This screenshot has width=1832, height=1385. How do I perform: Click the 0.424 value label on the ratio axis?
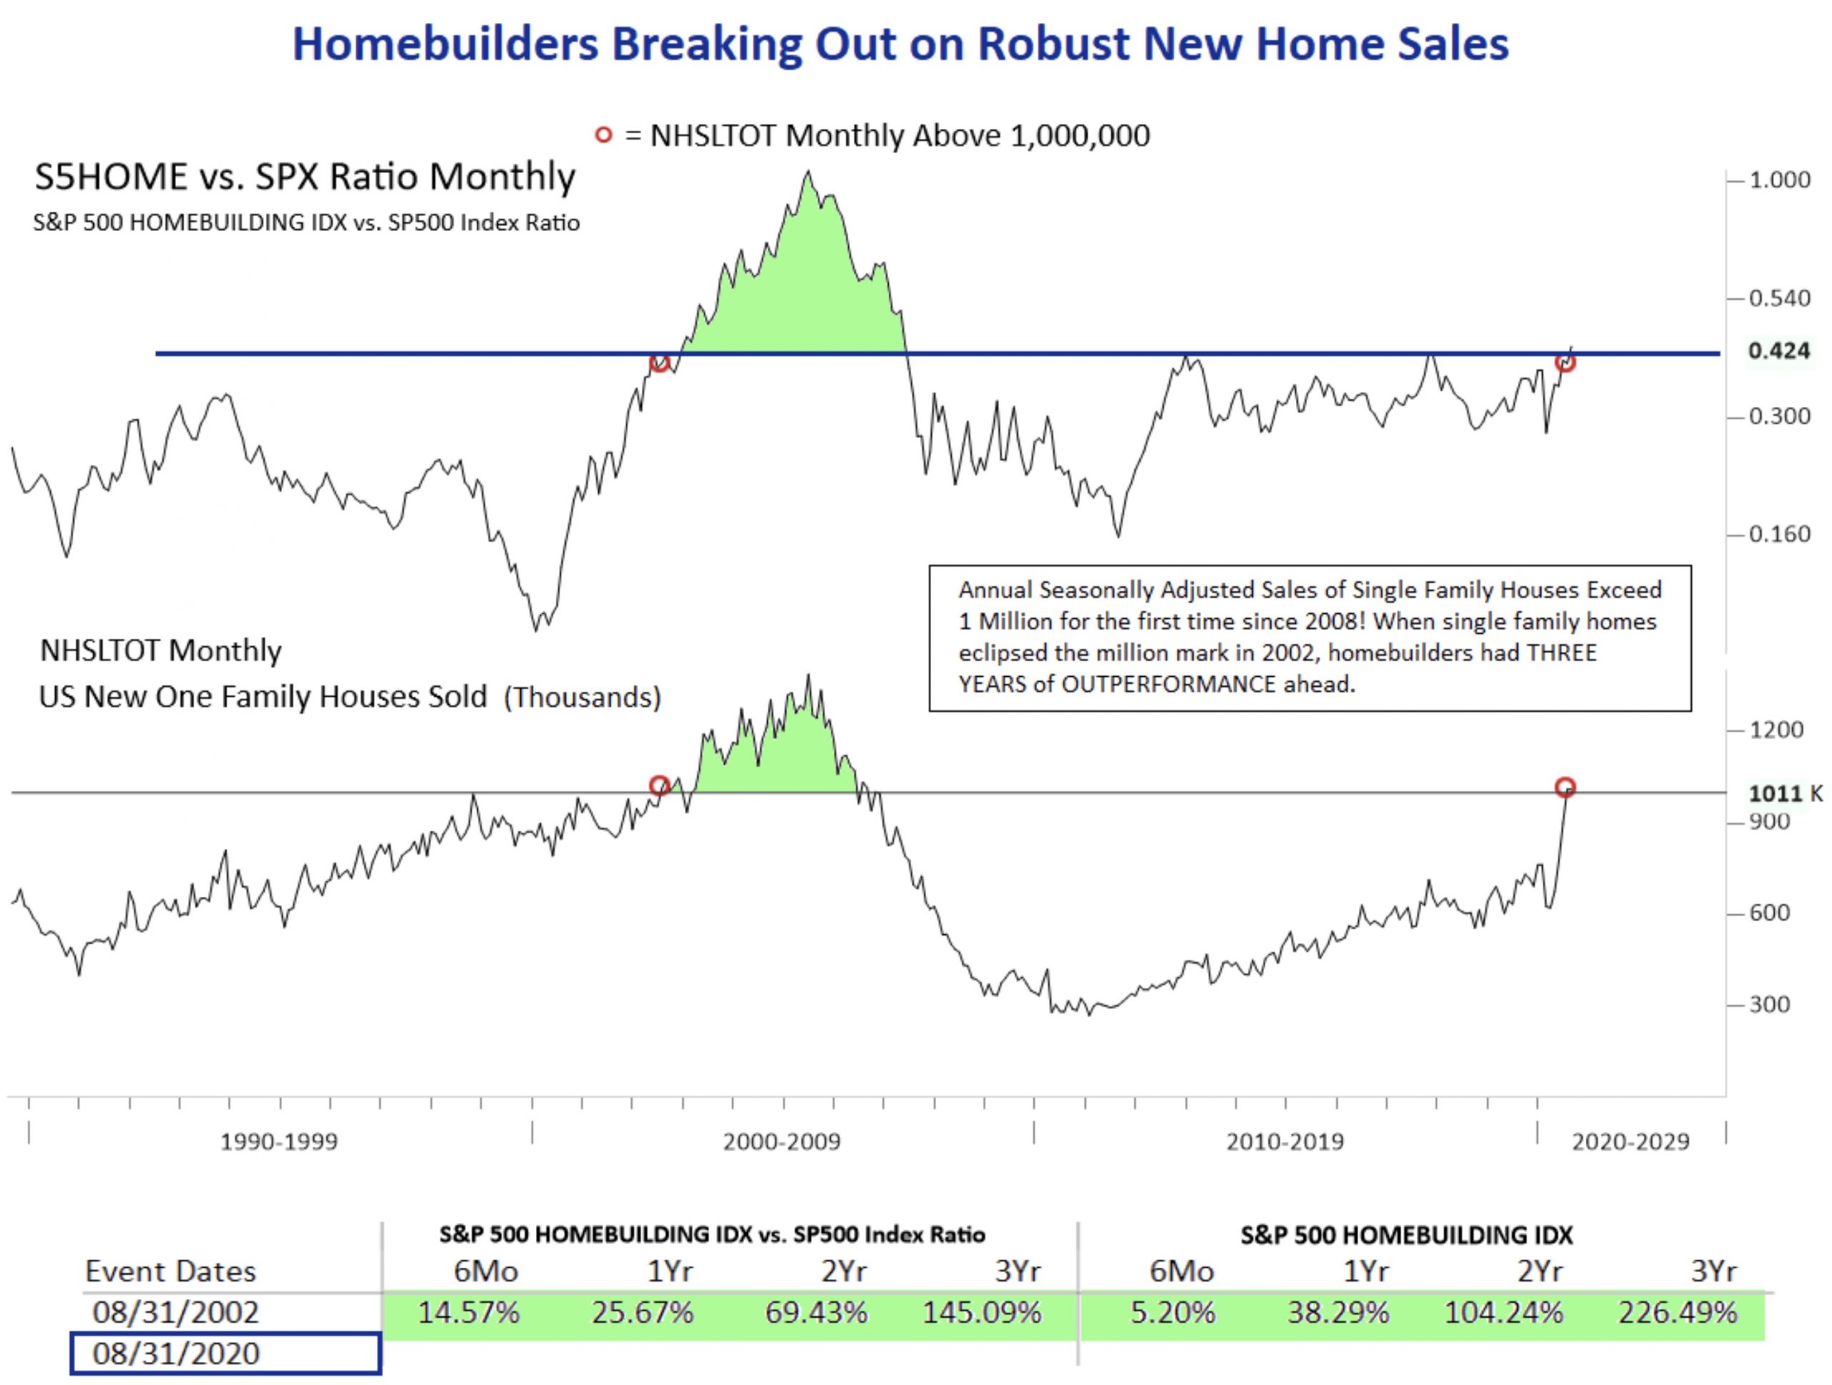click(x=1778, y=351)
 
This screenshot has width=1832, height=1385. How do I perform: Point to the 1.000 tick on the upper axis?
click(x=1779, y=180)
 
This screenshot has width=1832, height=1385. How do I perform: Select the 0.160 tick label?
click(x=1779, y=534)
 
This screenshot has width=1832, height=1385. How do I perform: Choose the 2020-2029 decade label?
click(x=1630, y=1142)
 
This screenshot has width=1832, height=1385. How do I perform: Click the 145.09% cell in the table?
click(x=983, y=1312)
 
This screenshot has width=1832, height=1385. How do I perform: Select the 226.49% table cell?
click(x=1678, y=1312)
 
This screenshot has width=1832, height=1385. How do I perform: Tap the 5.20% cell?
click(x=1173, y=1312)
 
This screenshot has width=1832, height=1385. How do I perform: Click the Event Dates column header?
click(x=170, y=1271)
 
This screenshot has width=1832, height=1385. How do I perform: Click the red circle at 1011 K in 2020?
click(x=1564, y=786)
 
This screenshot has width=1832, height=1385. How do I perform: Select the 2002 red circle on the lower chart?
click(x=659, y=785)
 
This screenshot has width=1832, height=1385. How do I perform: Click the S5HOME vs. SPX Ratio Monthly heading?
click(x=305, y=176)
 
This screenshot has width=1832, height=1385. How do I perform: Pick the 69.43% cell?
click(x=816, y=1312)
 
